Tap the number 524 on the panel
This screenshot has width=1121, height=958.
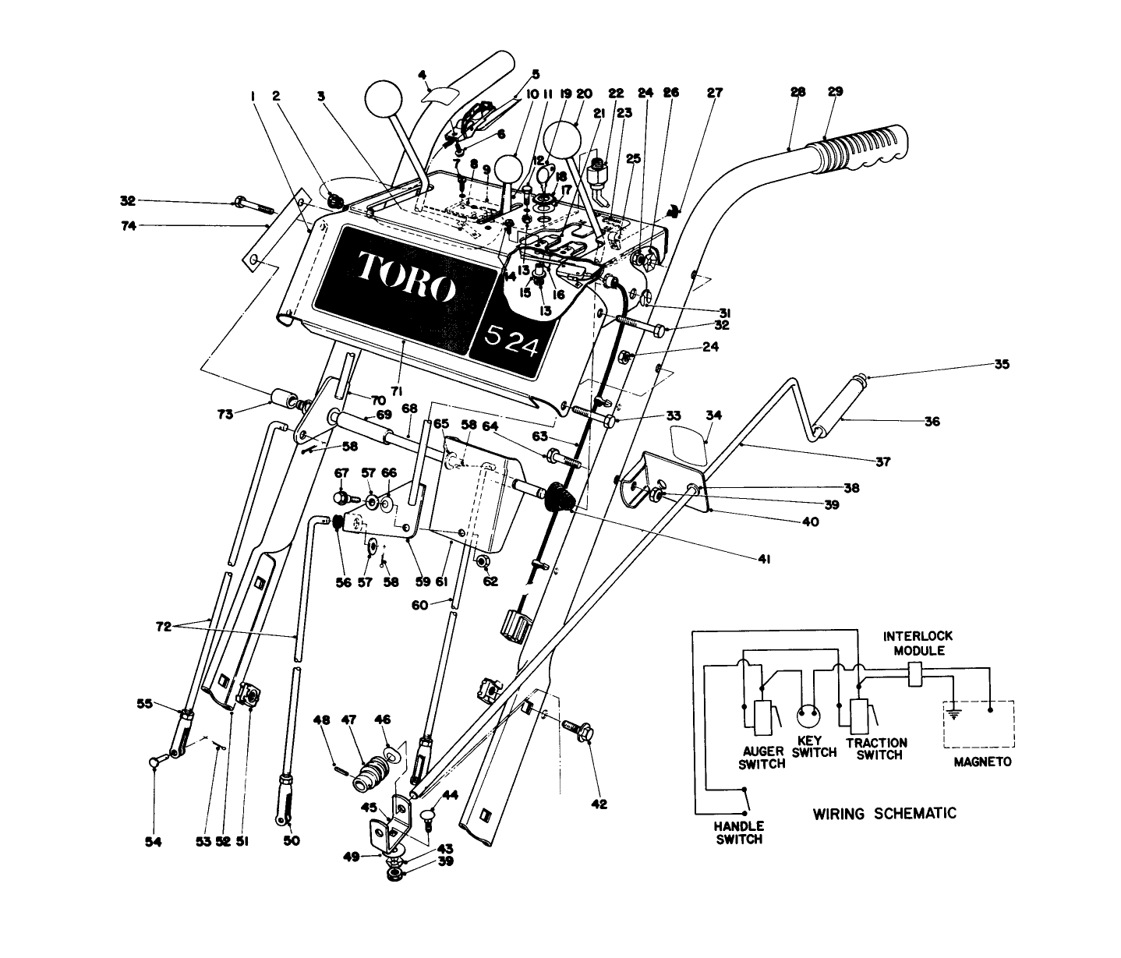point(511,341)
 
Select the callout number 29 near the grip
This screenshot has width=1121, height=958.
point(835,92)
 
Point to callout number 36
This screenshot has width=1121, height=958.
point(932,422)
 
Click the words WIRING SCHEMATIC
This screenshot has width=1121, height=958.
point(885,814)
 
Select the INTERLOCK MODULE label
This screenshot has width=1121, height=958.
point(918,643)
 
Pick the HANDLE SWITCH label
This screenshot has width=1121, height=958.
point(739,833)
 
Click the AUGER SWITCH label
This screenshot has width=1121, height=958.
point(762,758)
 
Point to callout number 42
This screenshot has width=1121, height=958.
point(599,804)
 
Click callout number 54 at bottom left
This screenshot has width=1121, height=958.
point(154,842)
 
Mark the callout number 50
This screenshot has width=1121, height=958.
point(292,841)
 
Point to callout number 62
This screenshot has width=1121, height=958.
point(489,581)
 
